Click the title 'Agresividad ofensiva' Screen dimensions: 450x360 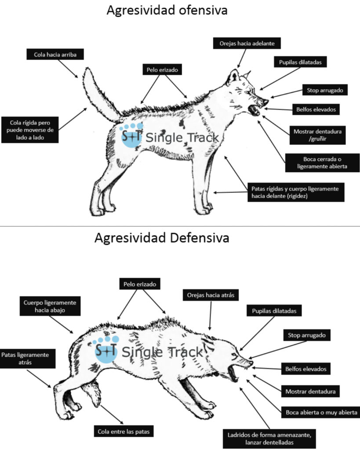pos(167,10)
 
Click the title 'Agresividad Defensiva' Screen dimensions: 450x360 pos(162,238)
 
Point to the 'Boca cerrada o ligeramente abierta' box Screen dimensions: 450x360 pos(322,162)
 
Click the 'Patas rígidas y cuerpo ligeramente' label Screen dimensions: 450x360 pos(295,192)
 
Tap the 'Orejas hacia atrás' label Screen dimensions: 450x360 pos(210,295)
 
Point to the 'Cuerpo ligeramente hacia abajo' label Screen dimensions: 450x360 pos(50,306)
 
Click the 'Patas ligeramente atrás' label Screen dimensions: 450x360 pos(28,359)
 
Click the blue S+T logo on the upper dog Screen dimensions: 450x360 pos(131,136)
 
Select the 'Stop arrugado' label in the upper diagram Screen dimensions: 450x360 pos(324,91)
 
